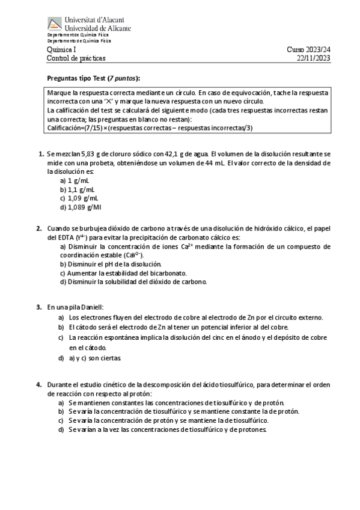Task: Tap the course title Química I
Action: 62,50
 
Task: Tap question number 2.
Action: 39,229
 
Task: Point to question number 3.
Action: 39,307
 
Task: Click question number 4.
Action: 39,384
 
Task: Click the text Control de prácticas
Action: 76,58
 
